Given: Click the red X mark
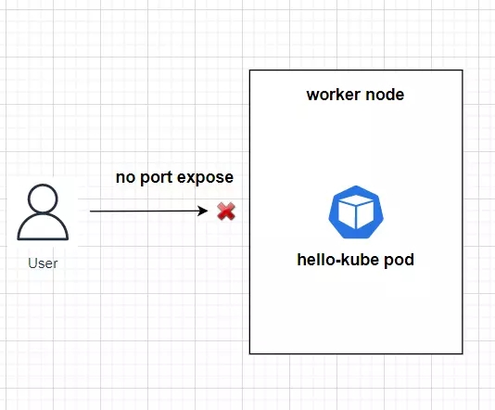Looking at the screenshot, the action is pos(226,211).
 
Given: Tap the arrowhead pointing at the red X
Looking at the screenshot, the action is pos(203,211).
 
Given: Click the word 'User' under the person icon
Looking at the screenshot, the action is pos(43,263).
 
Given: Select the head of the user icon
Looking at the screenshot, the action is pos(43,199).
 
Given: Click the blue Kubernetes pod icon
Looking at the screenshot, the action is pos(356,211).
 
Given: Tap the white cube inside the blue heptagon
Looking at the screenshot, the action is pos(356,211).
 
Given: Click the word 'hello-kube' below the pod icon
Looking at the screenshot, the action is pos(338,260).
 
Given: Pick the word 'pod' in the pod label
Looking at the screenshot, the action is pos(399,261).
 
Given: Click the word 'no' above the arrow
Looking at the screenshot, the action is pos(126,177).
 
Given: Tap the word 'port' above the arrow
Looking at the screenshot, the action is pos(156,177).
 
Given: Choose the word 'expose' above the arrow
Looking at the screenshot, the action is pos(205,177).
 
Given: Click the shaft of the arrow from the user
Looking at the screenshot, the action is pos(144,211).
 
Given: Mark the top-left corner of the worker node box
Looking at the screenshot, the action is pos(249,70).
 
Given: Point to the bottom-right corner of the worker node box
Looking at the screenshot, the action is pos(463,353).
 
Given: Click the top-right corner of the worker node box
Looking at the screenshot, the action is pos(463,70).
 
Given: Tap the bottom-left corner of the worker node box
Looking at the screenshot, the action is pos(249,353).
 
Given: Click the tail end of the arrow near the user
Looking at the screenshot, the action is pos(90,211).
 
